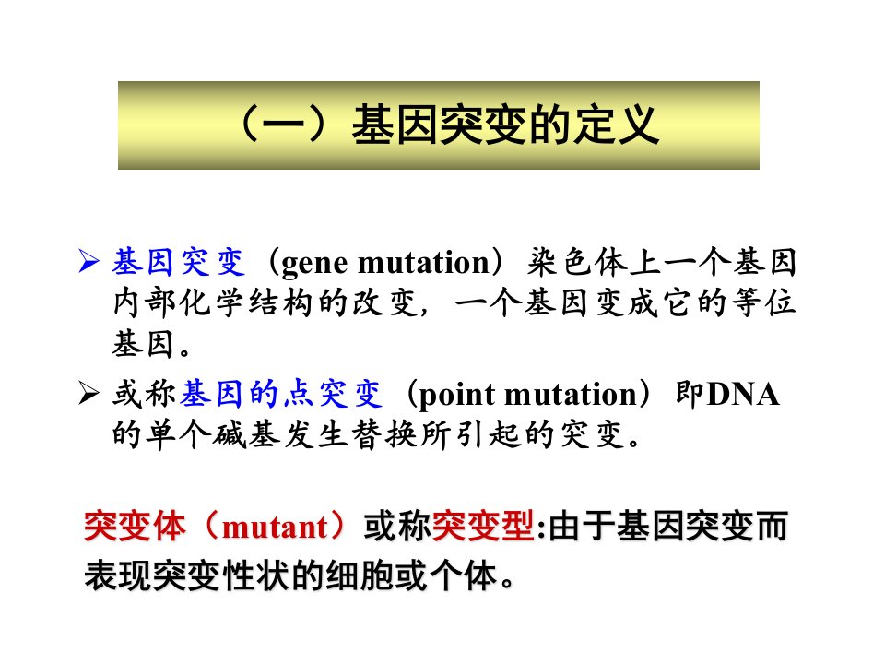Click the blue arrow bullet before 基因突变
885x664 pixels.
(89, 261)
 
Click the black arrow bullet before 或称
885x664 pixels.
(89, 393)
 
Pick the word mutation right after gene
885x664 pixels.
(424, 263)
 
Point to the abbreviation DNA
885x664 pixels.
(743, 394)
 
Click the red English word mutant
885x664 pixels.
(275, 528)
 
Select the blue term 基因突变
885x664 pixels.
(179, 262)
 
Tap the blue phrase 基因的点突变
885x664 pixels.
(282, 394)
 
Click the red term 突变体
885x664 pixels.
(135, 527)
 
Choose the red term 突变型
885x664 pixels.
(482, 527)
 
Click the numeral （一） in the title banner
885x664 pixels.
(283, 125)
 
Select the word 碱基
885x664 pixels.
(247, 434)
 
